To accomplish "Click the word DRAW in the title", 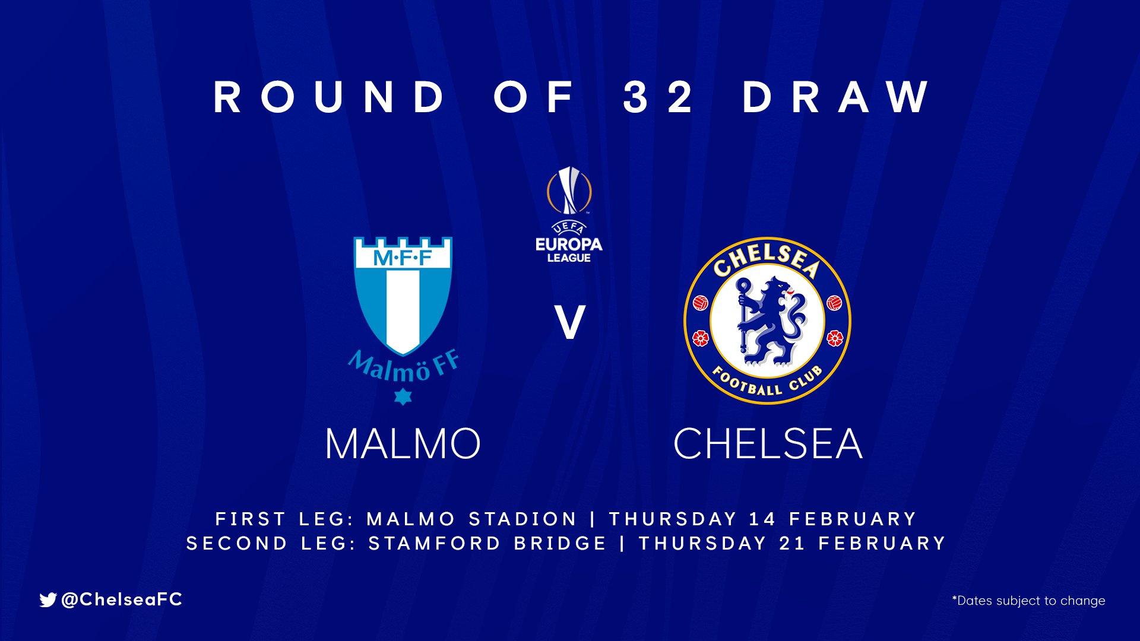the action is pos(836,96).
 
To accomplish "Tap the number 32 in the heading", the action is pos(658,96).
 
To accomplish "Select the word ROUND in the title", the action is pos(329,96).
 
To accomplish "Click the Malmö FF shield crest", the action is pos(403,296).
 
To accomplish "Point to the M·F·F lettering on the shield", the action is pos(403,258).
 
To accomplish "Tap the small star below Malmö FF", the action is pos(403,396).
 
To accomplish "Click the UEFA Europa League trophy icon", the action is pos(569,190).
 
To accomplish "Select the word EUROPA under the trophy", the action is pos(569,244).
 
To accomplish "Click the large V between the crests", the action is pos(570,322).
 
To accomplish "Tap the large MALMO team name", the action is pos(403,444).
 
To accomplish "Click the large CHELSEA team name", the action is pos(768,444).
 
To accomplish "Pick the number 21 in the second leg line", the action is pos(792,543).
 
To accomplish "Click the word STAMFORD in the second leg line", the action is pos(435,543).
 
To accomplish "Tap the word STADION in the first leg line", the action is pos(522,519).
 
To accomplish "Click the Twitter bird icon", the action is pos(48,600).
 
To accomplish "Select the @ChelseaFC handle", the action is pos(122,599).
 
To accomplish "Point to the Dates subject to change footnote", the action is pos(1028,601).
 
